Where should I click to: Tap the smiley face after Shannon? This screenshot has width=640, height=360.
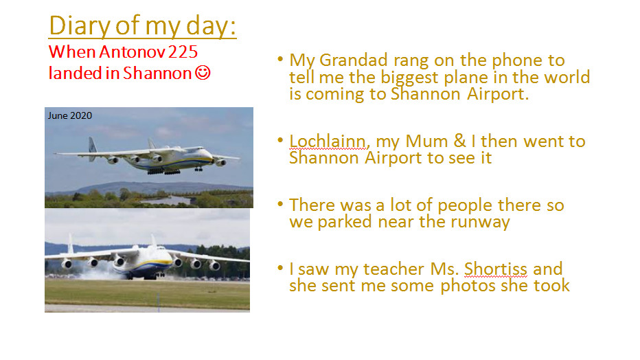203,73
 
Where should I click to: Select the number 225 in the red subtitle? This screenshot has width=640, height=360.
183,52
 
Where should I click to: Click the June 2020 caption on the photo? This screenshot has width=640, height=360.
70,115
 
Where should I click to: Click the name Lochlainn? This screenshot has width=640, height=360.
328,142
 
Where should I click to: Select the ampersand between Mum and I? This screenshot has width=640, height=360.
459,141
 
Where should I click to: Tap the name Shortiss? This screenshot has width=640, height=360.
496,269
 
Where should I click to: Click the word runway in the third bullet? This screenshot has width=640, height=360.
480,223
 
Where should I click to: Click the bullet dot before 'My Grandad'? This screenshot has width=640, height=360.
280,59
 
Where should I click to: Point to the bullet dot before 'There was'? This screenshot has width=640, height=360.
280,203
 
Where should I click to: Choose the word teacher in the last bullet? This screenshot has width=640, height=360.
394,269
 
